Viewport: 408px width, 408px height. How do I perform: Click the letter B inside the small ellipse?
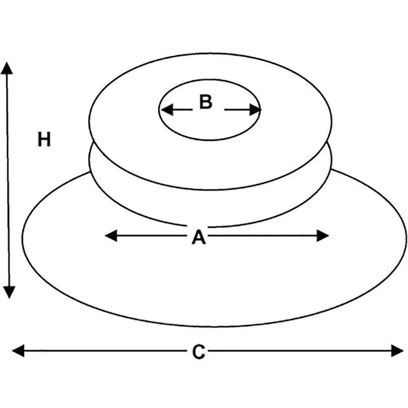(x=206, y=101)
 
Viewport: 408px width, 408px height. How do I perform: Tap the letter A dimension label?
(x=198, y=237)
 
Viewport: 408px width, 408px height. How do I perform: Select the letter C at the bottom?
(x=198, y=352)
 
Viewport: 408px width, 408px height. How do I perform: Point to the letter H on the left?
(x=44, y=139)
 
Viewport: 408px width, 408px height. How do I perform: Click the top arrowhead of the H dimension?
(x=7, y=68)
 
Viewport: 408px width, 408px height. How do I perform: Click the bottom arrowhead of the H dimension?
(x=9, y=292)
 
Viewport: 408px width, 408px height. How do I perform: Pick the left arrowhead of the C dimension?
(x=18, y=351)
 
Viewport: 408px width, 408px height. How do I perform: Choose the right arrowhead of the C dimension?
(x=397, y=351)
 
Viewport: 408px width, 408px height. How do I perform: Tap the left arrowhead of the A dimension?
(x=111, y=236)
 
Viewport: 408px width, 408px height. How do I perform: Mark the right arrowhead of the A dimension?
(x=323, y=236)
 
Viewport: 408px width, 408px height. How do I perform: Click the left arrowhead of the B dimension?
(x=167, y=110)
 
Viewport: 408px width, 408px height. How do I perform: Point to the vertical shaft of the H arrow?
(x=8, y=180)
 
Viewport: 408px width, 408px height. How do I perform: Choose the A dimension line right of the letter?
(x=263, y=236)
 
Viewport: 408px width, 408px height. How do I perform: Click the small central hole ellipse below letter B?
(x=210, y=140)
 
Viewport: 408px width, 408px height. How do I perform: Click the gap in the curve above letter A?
(x=198, y=226)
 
